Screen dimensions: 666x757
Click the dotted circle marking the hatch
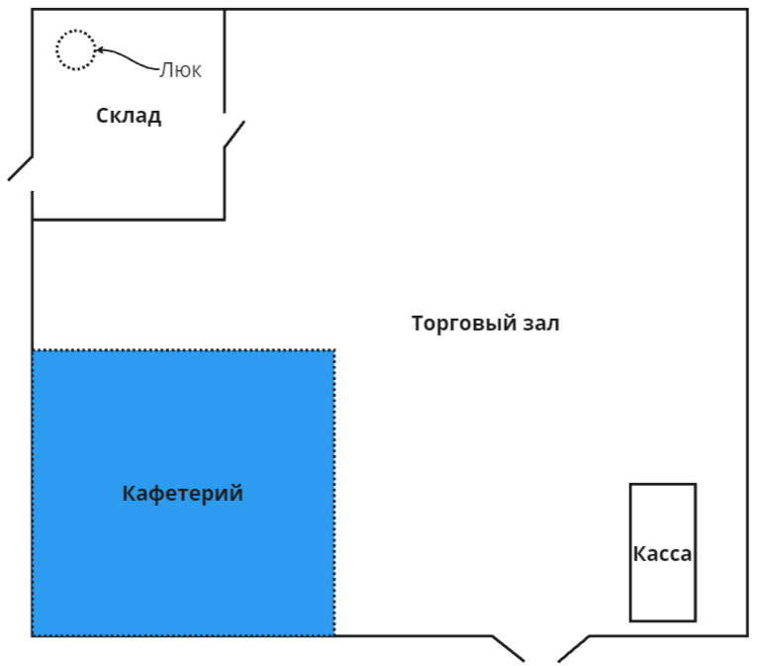point(75,49)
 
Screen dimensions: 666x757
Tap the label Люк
point(181,70)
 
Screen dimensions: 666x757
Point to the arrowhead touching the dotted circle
point(99,50)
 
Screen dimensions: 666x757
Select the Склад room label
point(129,116)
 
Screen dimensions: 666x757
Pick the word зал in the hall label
point(541,324)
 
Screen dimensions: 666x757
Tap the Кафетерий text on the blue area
point(183,494)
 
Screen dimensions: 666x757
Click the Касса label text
point(662,554)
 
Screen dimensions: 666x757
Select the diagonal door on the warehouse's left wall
point(21,168)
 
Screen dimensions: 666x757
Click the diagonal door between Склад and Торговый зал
point(234,135)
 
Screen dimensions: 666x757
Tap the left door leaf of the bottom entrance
point(509,648)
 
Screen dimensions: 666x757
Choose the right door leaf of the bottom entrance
point(574,648)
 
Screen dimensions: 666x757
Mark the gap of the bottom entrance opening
point(541,638)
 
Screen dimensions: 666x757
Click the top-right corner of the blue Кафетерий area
point(334,350)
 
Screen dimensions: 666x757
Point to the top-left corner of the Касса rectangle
point(631,485)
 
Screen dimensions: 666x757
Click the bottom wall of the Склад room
point(129,219)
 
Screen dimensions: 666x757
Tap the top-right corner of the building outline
point(746,11)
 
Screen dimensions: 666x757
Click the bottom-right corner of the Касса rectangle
point(695,620)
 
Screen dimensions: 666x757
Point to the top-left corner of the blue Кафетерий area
point(34,350)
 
